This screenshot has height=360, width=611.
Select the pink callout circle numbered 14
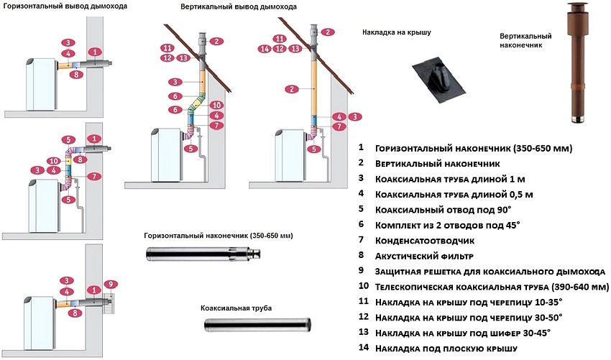tap(265, 49)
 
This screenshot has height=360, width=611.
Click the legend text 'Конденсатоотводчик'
tap(421, 240)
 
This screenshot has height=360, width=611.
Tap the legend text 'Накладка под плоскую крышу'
tap(445, 349)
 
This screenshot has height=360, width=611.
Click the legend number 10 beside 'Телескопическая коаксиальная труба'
tap(362, 287)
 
